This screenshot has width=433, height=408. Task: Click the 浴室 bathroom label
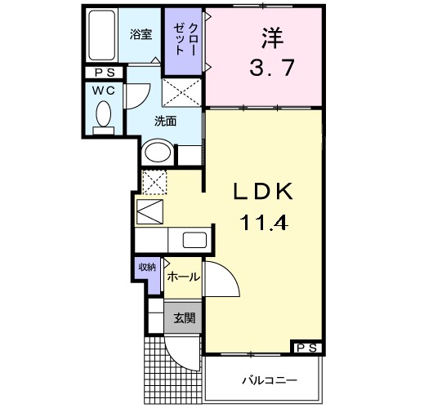(x=142, y=34)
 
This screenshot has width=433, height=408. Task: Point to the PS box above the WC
(x=103, y=73)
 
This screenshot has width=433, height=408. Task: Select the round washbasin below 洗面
(x=158, y=153)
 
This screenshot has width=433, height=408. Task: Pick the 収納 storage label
(x=146, y=267)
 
